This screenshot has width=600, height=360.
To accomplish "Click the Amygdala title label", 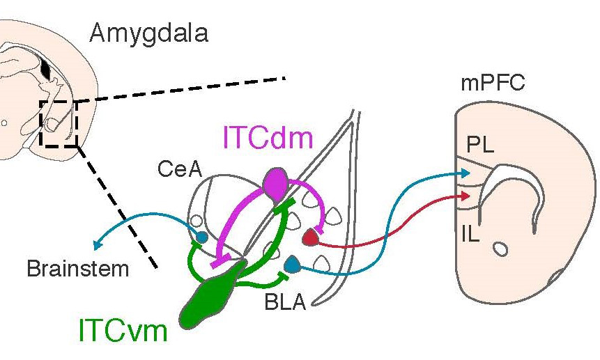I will click(148, 33).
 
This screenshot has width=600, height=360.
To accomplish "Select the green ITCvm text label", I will click(123, 331).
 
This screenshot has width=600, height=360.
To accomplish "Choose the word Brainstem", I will click(78, 269).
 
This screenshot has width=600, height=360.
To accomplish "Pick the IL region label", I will click(471, 235).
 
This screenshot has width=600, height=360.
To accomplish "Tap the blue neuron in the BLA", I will click(292, 265).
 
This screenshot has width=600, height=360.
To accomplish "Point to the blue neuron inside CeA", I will click(201, 237).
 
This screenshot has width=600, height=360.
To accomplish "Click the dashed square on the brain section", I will click(59, 123).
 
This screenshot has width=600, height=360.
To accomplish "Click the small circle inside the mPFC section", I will click(499, 247).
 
